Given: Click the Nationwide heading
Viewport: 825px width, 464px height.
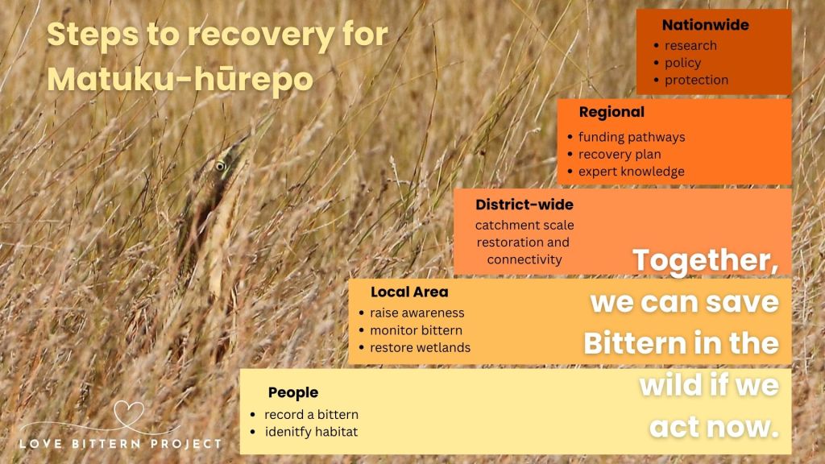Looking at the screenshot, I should pyautogui.click(x=705, y=25).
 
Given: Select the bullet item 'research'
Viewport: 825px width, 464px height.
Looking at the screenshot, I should pyautogui.click(x=690, y=45).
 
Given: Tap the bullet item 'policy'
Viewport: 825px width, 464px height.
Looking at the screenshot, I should pyautogui.click(x=682, y=63).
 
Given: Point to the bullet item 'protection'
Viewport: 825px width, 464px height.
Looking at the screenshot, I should pyautogui.click(x=696, y=80).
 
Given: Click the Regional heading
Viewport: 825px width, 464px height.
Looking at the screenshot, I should pyautogui.click(x=611, y=112).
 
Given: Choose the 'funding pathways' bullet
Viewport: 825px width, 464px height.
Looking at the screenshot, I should pyautogui.click(x=632, y=137).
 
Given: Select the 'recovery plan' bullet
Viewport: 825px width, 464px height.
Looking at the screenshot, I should pyautogui.click(x=620, y=154).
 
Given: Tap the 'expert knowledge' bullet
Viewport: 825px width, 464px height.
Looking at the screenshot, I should pyautogui.click(x=631, y=172).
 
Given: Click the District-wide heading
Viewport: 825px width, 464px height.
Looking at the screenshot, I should pyautogui.click(x=524, y=205).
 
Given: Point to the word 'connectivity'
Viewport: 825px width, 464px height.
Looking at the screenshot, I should pyautogui.click(x=524, y=259).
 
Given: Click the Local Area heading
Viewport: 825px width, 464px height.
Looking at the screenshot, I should pyautogui.click(x=409, y=292).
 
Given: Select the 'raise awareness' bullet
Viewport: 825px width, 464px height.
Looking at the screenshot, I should pyautogui.click(x=417, y=313).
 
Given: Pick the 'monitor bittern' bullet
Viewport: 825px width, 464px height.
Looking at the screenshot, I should pyautogui.click(x=416, y=330).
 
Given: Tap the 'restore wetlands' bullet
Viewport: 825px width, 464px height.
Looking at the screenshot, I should pyautogui.click(x=420, y=348).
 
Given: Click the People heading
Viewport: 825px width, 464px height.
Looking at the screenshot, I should pyautogui.click(x=293, y=392).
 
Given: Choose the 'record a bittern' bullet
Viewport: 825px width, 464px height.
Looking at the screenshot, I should pyautogui.click(x=311, y=414).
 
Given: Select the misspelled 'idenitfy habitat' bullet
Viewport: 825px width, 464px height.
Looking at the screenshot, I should pyautogui.click(x=311, y=432).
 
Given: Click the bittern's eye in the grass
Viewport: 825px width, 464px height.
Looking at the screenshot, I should pyautogui.click(x=220, y=166).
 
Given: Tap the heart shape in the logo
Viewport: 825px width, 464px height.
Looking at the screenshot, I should pyautogui.click(x=127, y=413).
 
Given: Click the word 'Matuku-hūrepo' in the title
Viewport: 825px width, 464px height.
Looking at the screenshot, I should pyautogui.click(x=180, y=79).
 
